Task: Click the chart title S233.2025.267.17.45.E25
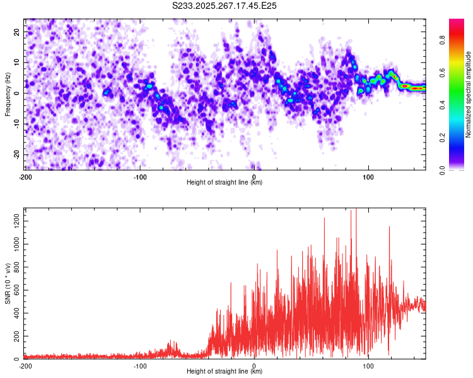point(225,6)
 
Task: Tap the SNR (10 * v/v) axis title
point(8,283)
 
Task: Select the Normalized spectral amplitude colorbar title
point(469,94)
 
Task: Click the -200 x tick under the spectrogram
point(25,176)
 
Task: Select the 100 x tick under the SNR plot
point(368,365)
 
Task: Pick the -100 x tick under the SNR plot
point(140,365)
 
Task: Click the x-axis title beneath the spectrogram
point(225,183)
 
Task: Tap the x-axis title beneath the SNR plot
point(225,372)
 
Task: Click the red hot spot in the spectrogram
point(416,88)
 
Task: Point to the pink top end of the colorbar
point(457,23)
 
